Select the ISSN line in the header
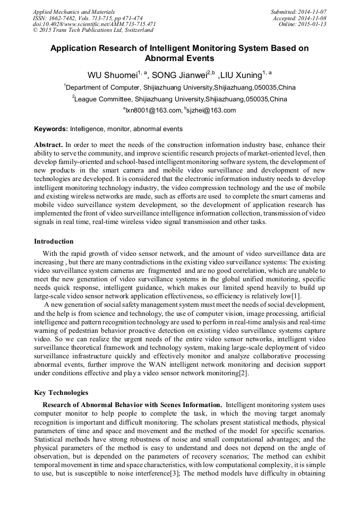pos(87,18)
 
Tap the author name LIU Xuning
pos(242,75)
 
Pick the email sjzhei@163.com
pos(211,110)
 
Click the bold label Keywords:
pos(51,129)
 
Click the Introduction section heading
pos(54,241)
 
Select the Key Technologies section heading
pos(61,393)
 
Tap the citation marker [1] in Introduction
pos(296,295)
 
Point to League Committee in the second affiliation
pos(103,99)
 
